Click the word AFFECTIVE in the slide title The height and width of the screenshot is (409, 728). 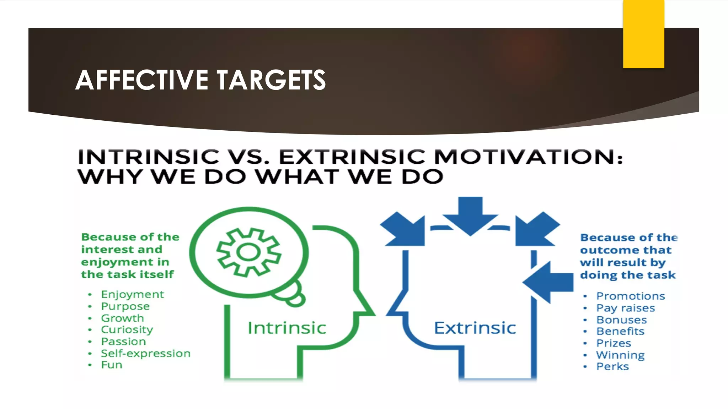[x=141, y=80]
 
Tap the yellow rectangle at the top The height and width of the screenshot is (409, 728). [x=643, y=34]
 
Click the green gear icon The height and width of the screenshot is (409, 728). [x=249, y=252]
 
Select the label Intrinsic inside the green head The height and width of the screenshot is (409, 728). [x=287, y=328]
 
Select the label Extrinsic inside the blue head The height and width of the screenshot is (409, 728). [x=475, y=328]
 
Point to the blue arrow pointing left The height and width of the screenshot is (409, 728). [x=548, y=282]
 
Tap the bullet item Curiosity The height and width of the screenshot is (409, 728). [x=127, y=329]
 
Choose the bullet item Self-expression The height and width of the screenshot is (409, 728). [x=146, y=353]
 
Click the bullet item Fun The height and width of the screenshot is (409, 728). [x=112, y=365]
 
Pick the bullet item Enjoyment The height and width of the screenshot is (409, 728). [x=132, y=294]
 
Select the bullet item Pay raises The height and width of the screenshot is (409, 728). [x=625, y=308]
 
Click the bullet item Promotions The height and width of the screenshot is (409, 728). [x=630, y=296]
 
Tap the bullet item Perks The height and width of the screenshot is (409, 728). [x=612, y=366]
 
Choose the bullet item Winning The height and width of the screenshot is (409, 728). [x=620, y=355]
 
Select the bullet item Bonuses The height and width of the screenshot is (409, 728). [x=621, y=320]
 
